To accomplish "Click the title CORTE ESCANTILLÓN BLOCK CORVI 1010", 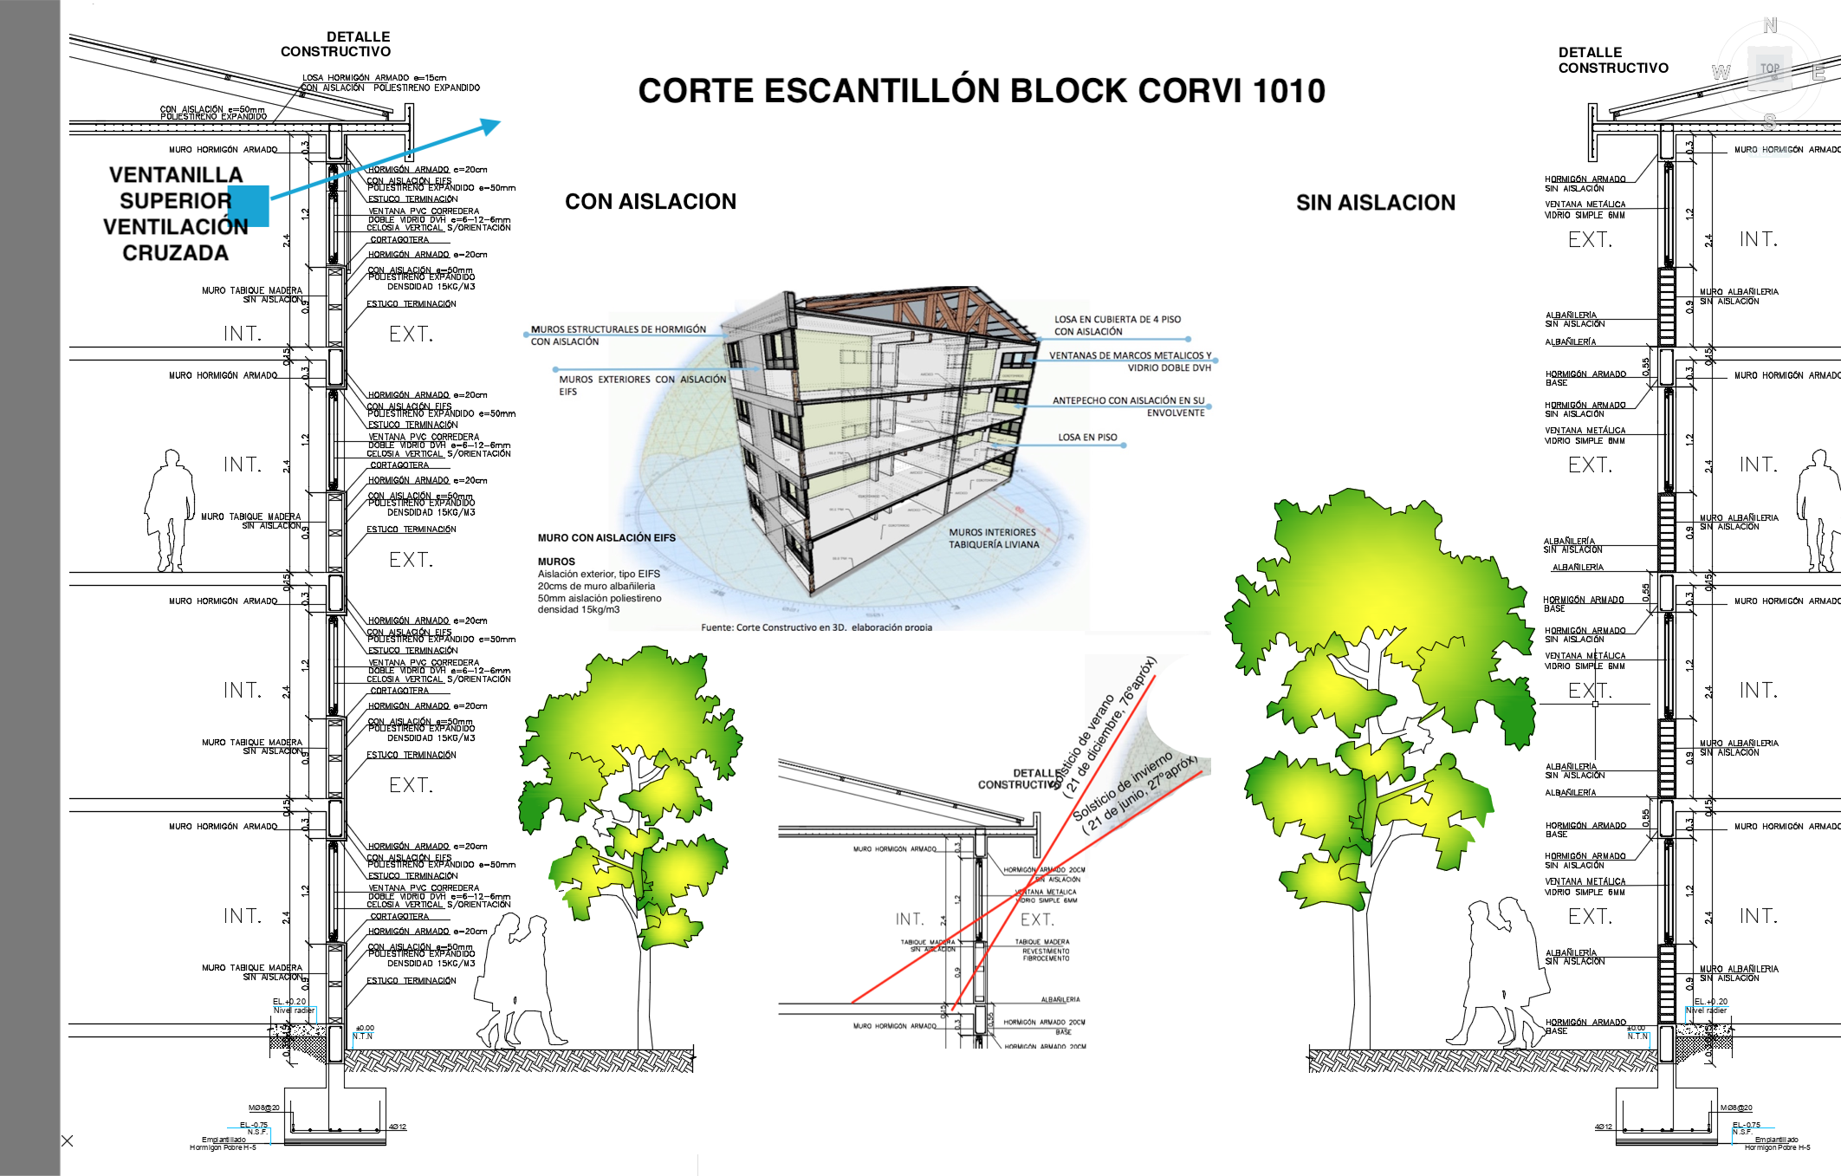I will (981, 91).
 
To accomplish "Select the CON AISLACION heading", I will (650, 202).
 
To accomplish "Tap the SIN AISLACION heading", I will (1375, 203).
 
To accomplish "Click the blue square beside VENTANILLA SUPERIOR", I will (249, 205).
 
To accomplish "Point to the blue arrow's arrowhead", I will (492, 127).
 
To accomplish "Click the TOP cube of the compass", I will (1769, 69).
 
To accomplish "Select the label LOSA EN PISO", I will (1086, 438).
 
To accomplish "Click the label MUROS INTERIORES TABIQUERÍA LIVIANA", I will (993, 538).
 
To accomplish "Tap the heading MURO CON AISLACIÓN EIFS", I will (606, 538).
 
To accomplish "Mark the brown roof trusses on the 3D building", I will (901, 316).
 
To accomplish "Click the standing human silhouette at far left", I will (170, 511).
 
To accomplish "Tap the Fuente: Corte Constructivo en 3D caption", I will (816, 627).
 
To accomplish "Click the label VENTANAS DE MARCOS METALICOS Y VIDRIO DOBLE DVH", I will (1130, 361).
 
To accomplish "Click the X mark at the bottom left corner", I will (68, 1141).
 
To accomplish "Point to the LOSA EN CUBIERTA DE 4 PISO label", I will (1117, 325).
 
